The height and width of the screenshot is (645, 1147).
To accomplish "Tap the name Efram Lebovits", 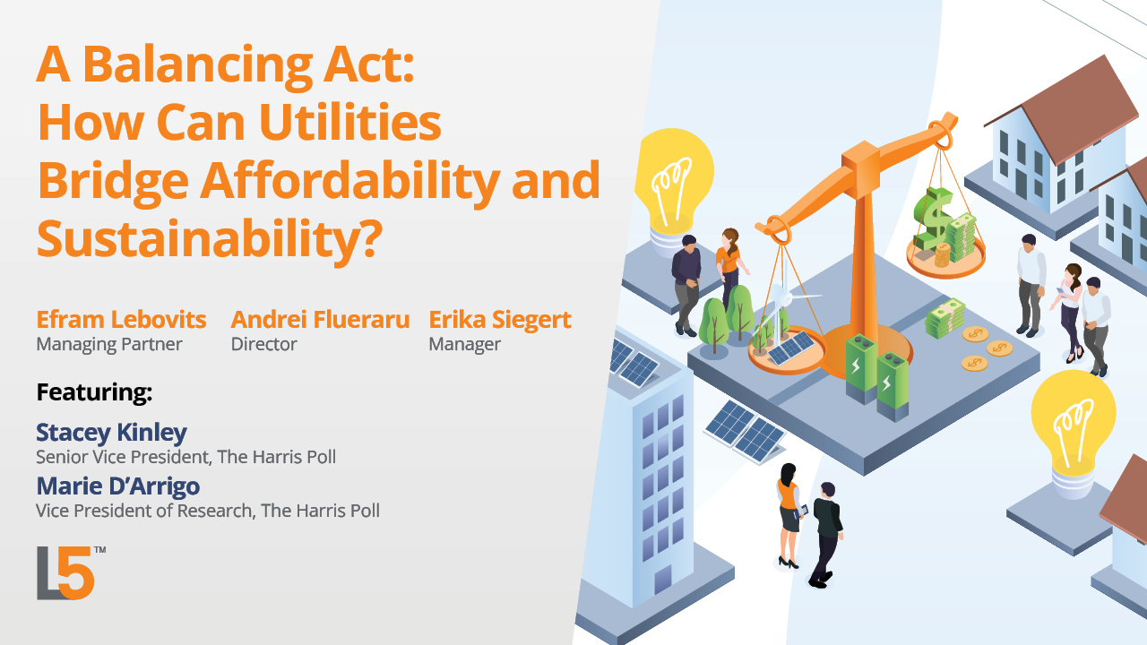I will pos(121,320).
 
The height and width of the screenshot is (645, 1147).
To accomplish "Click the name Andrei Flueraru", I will pos(320,320).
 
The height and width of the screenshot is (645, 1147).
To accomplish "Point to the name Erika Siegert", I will pos(500,320).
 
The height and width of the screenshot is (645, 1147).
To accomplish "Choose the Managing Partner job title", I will pos(108,344).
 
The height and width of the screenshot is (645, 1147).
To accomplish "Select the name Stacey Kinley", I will pos(111,433).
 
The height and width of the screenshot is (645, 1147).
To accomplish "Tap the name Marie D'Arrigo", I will pos(117,486).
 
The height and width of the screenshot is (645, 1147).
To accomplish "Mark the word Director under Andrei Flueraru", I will pos(263,344).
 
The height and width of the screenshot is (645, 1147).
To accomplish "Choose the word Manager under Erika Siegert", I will pos(464,344).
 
